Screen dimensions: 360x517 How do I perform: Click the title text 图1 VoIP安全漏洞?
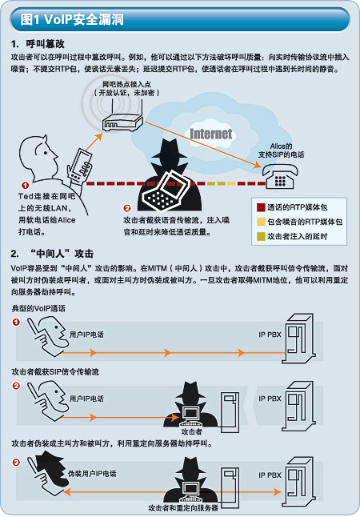coord(72,19)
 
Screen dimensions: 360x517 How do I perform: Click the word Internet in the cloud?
coord(211,134)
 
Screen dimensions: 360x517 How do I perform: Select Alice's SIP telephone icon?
coord(281,176)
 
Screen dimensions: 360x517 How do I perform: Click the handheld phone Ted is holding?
coord(80,165)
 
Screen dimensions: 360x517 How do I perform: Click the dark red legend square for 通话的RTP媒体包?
coord(261,207)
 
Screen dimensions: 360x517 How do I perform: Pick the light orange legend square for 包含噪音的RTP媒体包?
coord(261,222)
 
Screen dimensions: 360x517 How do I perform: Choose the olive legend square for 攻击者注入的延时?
coord(261,236)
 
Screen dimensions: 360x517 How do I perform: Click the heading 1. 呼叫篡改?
coord(38,44)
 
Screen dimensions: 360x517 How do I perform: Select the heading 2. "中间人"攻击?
coord(53,254)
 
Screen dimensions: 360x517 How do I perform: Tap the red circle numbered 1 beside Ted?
coord(25,186)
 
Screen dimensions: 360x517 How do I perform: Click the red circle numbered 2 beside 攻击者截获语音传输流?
coord(127,208)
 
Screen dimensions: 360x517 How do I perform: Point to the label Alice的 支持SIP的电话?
coord(282,150)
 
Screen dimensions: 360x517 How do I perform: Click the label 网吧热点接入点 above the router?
coord(126,84)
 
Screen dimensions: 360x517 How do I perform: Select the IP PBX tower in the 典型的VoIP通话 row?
coord(299,339)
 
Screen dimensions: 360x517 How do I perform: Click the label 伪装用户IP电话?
coord(92,474)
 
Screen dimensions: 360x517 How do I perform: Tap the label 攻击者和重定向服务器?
coord(183,507)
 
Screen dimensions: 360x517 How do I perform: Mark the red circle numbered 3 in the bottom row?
coord(16,463)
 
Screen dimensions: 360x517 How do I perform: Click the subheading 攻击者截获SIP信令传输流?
coord(55,372)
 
